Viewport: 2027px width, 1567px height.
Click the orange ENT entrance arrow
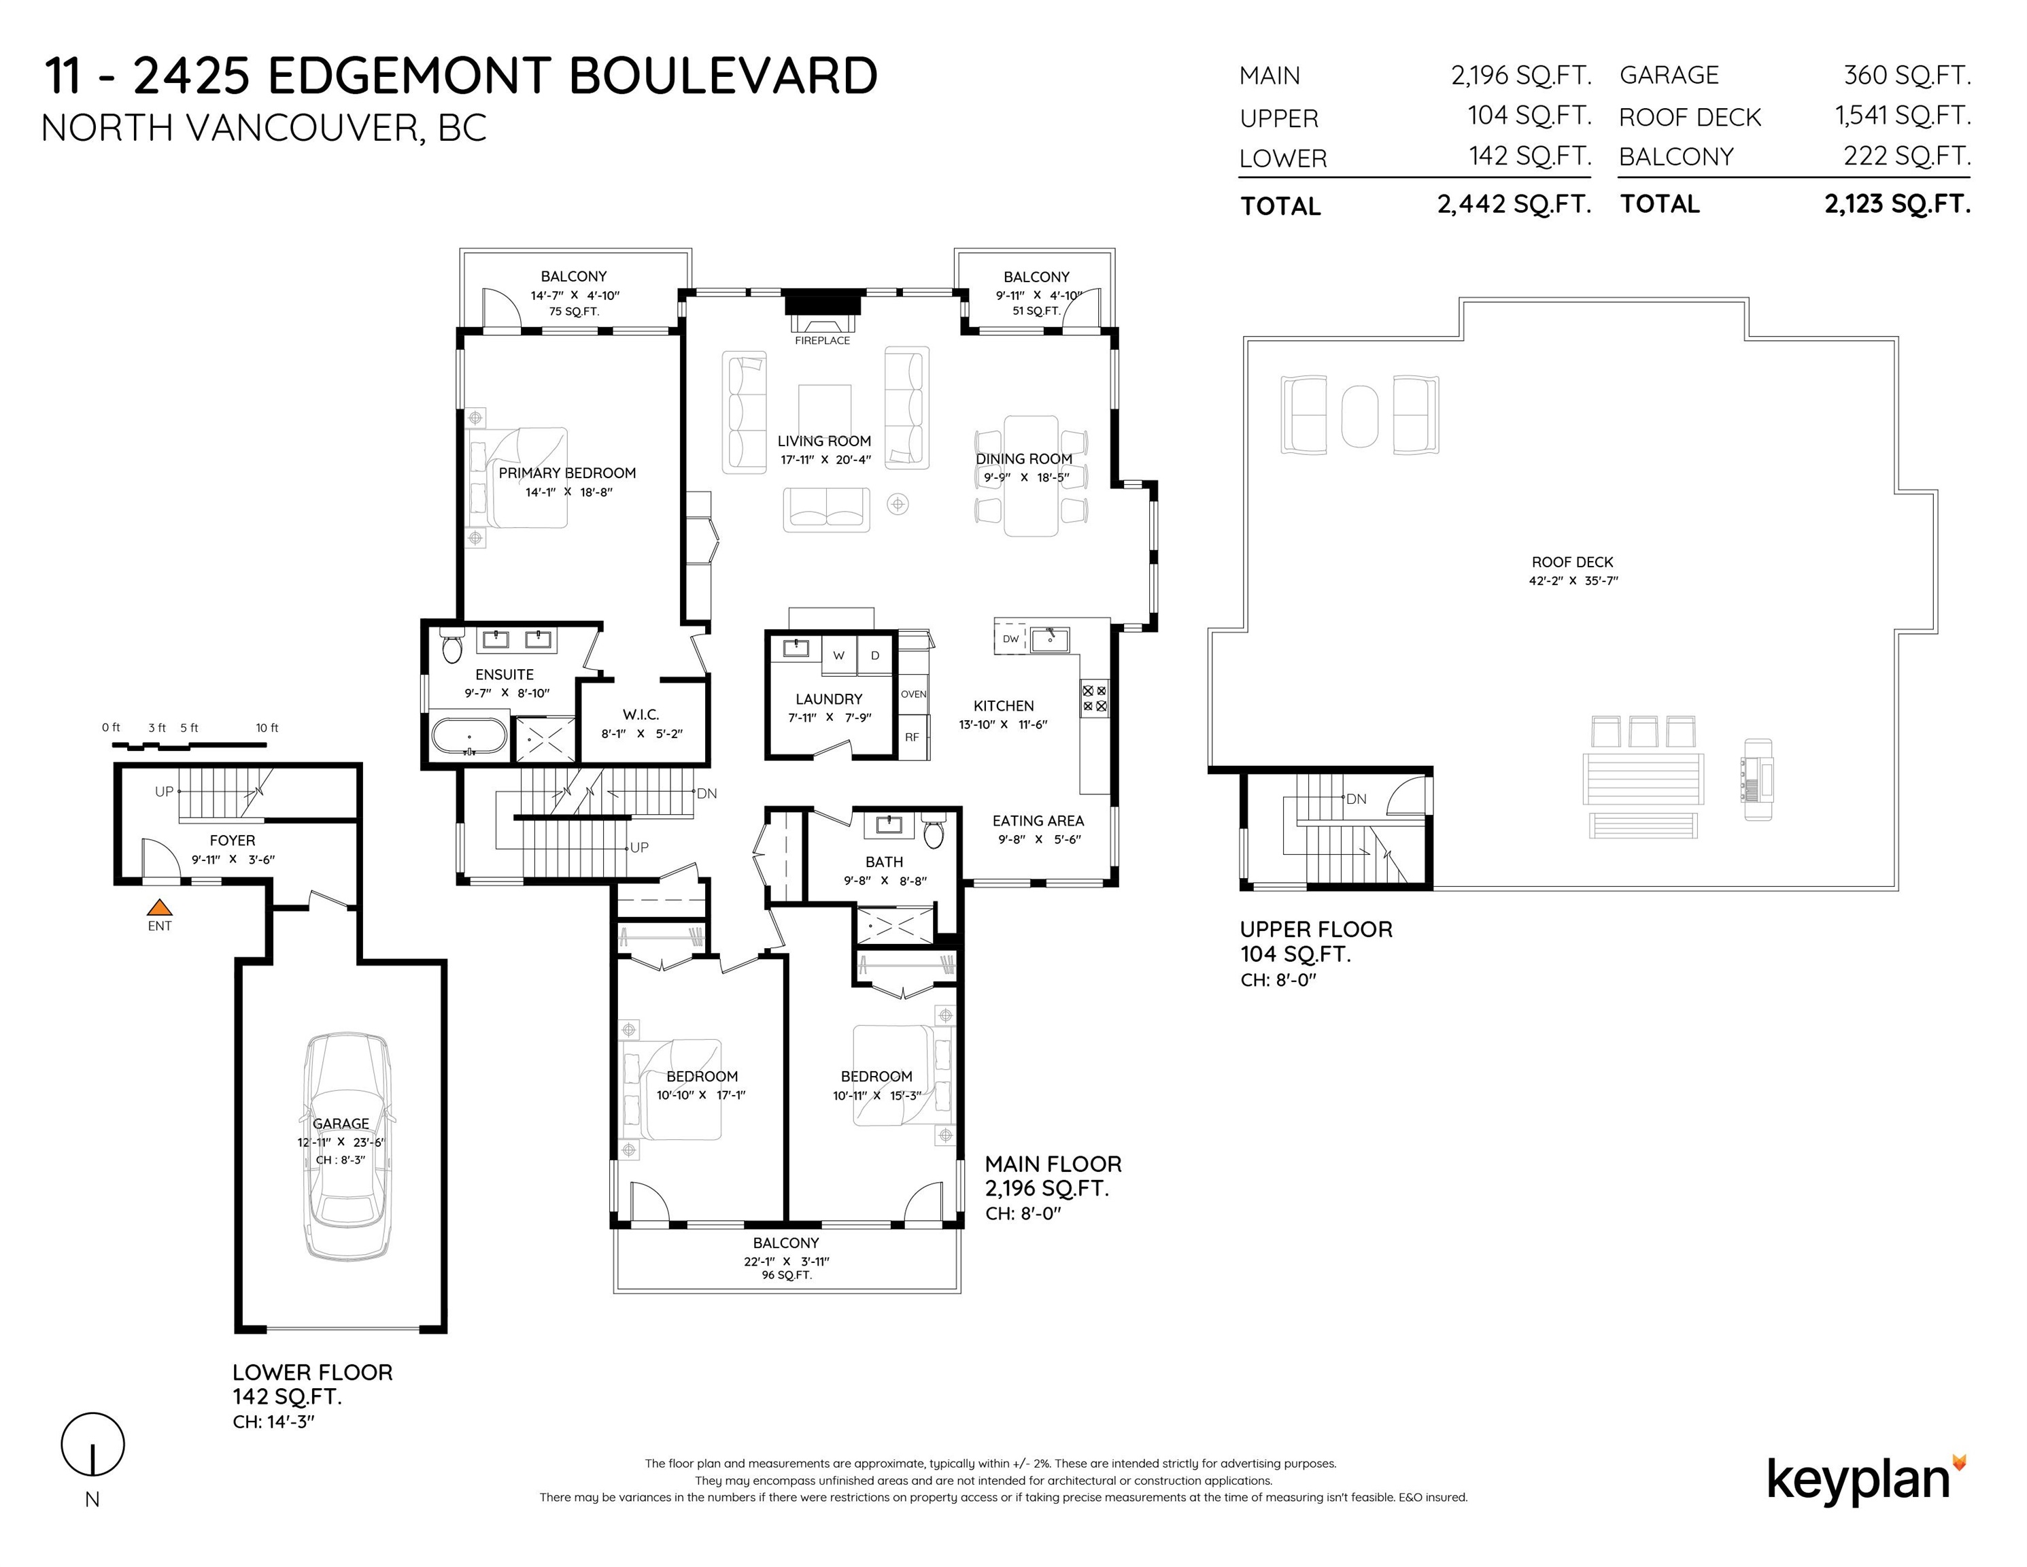click(x=160, y=907)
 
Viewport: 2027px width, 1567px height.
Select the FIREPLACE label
click(x=822, y=341)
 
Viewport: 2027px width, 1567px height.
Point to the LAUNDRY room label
click(x=829, y=699)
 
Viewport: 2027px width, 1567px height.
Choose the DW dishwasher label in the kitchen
click(x=1010, y=639)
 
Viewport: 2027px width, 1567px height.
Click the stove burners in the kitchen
click(x=1094, y=698)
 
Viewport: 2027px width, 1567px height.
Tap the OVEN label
click(x=913, y=694)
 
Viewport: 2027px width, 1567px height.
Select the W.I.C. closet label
click(x=641, y=715)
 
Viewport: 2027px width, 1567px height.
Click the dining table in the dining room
click(x=1031, y=475)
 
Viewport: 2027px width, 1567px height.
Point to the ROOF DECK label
click(x=1572, y=562)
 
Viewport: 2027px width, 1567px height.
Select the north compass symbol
click(x=92, y=1445)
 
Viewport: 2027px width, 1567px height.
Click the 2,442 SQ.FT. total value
click(x=1515, y=204)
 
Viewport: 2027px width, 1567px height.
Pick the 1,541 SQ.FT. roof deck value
click(x=1903, y=116)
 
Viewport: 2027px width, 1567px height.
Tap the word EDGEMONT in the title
click(x=409, y=76)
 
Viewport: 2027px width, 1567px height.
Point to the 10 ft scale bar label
click(x=267, y=728)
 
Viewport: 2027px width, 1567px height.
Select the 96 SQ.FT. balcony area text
click(x=787, y=1275)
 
